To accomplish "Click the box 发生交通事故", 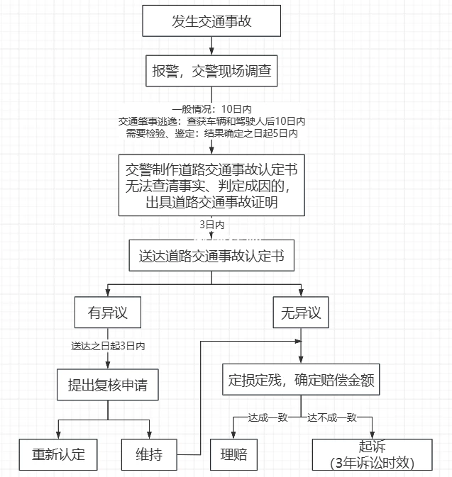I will [211, 21].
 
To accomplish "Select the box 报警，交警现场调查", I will [211, 70].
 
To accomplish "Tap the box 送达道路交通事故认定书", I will [211, 256].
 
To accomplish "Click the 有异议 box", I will [106, 313].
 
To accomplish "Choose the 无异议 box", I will [301, 313].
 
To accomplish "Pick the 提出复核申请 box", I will [107, 386].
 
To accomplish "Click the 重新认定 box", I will [57, 454].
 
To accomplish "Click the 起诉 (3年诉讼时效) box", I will [372, 454].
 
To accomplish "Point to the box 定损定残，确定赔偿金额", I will [301, 381].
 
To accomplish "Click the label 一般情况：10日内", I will [211, 109].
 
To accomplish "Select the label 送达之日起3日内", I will [108, 347].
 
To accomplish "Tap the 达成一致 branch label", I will [268, 417].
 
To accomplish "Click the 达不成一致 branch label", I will [331, 417].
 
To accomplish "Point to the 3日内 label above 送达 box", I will [211, 225].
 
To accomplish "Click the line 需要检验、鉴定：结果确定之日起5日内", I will [211, 133].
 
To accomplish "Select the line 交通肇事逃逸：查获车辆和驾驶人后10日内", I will [211, 121].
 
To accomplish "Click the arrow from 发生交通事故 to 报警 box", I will [211, 45].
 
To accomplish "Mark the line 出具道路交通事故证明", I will [211, 203].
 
